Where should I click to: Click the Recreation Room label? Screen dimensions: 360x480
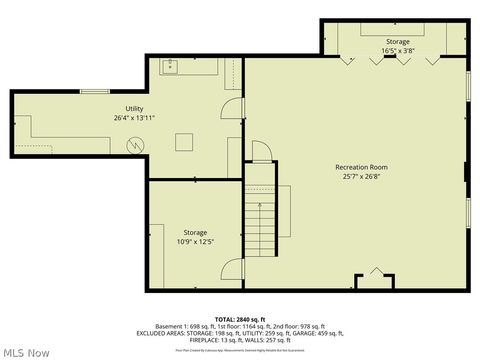[x=362, y=166]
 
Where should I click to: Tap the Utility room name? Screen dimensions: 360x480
[x=134, y=108]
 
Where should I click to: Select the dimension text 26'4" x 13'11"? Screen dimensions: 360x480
[x=134, y=118]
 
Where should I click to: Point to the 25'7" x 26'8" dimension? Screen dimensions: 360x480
[x=362, y=176]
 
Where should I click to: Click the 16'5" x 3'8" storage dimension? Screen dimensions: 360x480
[x=397, y=50]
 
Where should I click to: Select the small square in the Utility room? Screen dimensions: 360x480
[x=184, y=142]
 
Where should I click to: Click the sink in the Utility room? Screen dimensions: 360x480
[x=170, y=68]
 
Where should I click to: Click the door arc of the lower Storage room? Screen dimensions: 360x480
[x=233, y=269]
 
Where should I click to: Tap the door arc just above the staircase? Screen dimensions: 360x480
[x=260, y=151]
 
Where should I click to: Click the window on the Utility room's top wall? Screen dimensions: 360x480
[x=95, y=92]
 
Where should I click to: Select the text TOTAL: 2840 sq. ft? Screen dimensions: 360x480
[x=240, y=318]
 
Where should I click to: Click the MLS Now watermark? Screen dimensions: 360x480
[x=27, y=352]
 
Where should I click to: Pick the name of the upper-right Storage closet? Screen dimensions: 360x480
[x=397, y=41]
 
